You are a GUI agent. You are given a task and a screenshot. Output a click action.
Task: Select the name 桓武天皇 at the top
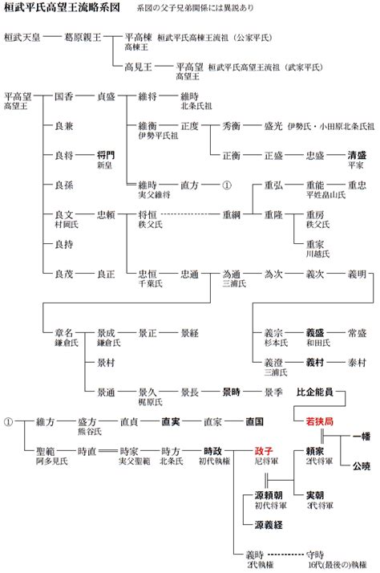click(x=22, y=37)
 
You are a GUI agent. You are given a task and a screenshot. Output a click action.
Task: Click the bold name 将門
click(x=106, y=155)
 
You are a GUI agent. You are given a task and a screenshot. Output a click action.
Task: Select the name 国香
click(x=64, y=96)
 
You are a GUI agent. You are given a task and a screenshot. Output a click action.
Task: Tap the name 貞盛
click(x=106, y=96)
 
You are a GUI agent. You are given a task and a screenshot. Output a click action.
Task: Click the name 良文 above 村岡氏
click(x=64, y=214)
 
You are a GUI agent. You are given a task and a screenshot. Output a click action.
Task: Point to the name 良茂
click(x=64, y=274)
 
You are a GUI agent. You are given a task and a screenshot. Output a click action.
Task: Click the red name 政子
click(x=264, y=451)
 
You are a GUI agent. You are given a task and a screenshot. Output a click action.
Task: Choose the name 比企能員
click(x=315, y=392)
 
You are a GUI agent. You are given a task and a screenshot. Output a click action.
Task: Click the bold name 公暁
click(x=356, y=464)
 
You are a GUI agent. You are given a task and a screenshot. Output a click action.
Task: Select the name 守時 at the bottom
click(x=315, y=554)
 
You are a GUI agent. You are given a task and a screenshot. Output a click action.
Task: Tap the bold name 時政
click(x=212, y=451)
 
